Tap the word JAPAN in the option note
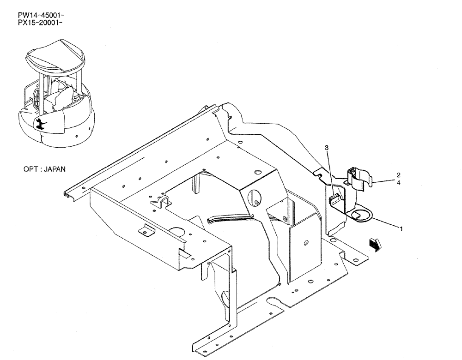pos(54,169)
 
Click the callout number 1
pos(401,228)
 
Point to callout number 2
pos(398,175)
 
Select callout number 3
pos(327,148)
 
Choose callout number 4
pos(398,182)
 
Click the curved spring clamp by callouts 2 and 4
pos(360,178)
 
